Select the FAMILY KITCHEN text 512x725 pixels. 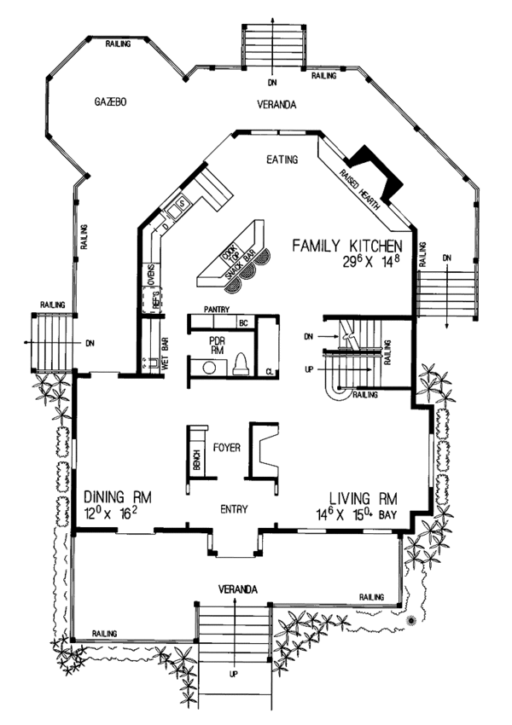point(345,246)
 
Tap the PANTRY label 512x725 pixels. point(218,310)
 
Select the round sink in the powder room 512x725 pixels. point(207,368)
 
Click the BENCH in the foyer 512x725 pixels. point(196,461)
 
